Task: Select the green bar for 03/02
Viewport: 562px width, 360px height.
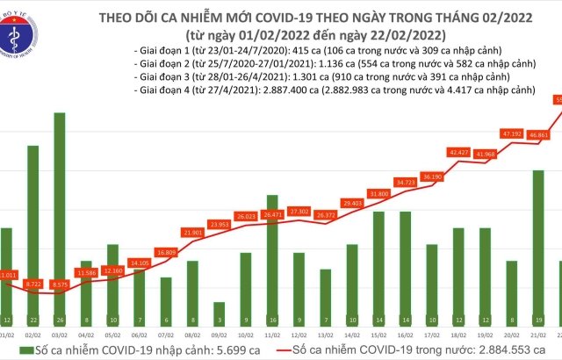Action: click(59, 220)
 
